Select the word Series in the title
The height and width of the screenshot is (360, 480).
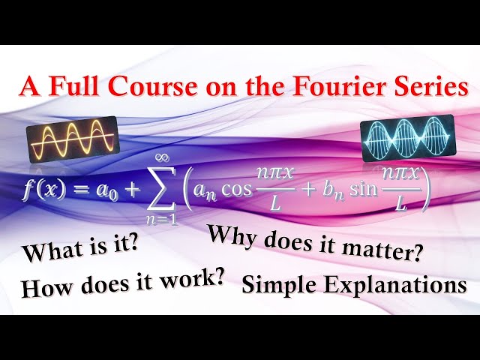point(426,87)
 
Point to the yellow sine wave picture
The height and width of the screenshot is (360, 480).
point(73,138)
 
